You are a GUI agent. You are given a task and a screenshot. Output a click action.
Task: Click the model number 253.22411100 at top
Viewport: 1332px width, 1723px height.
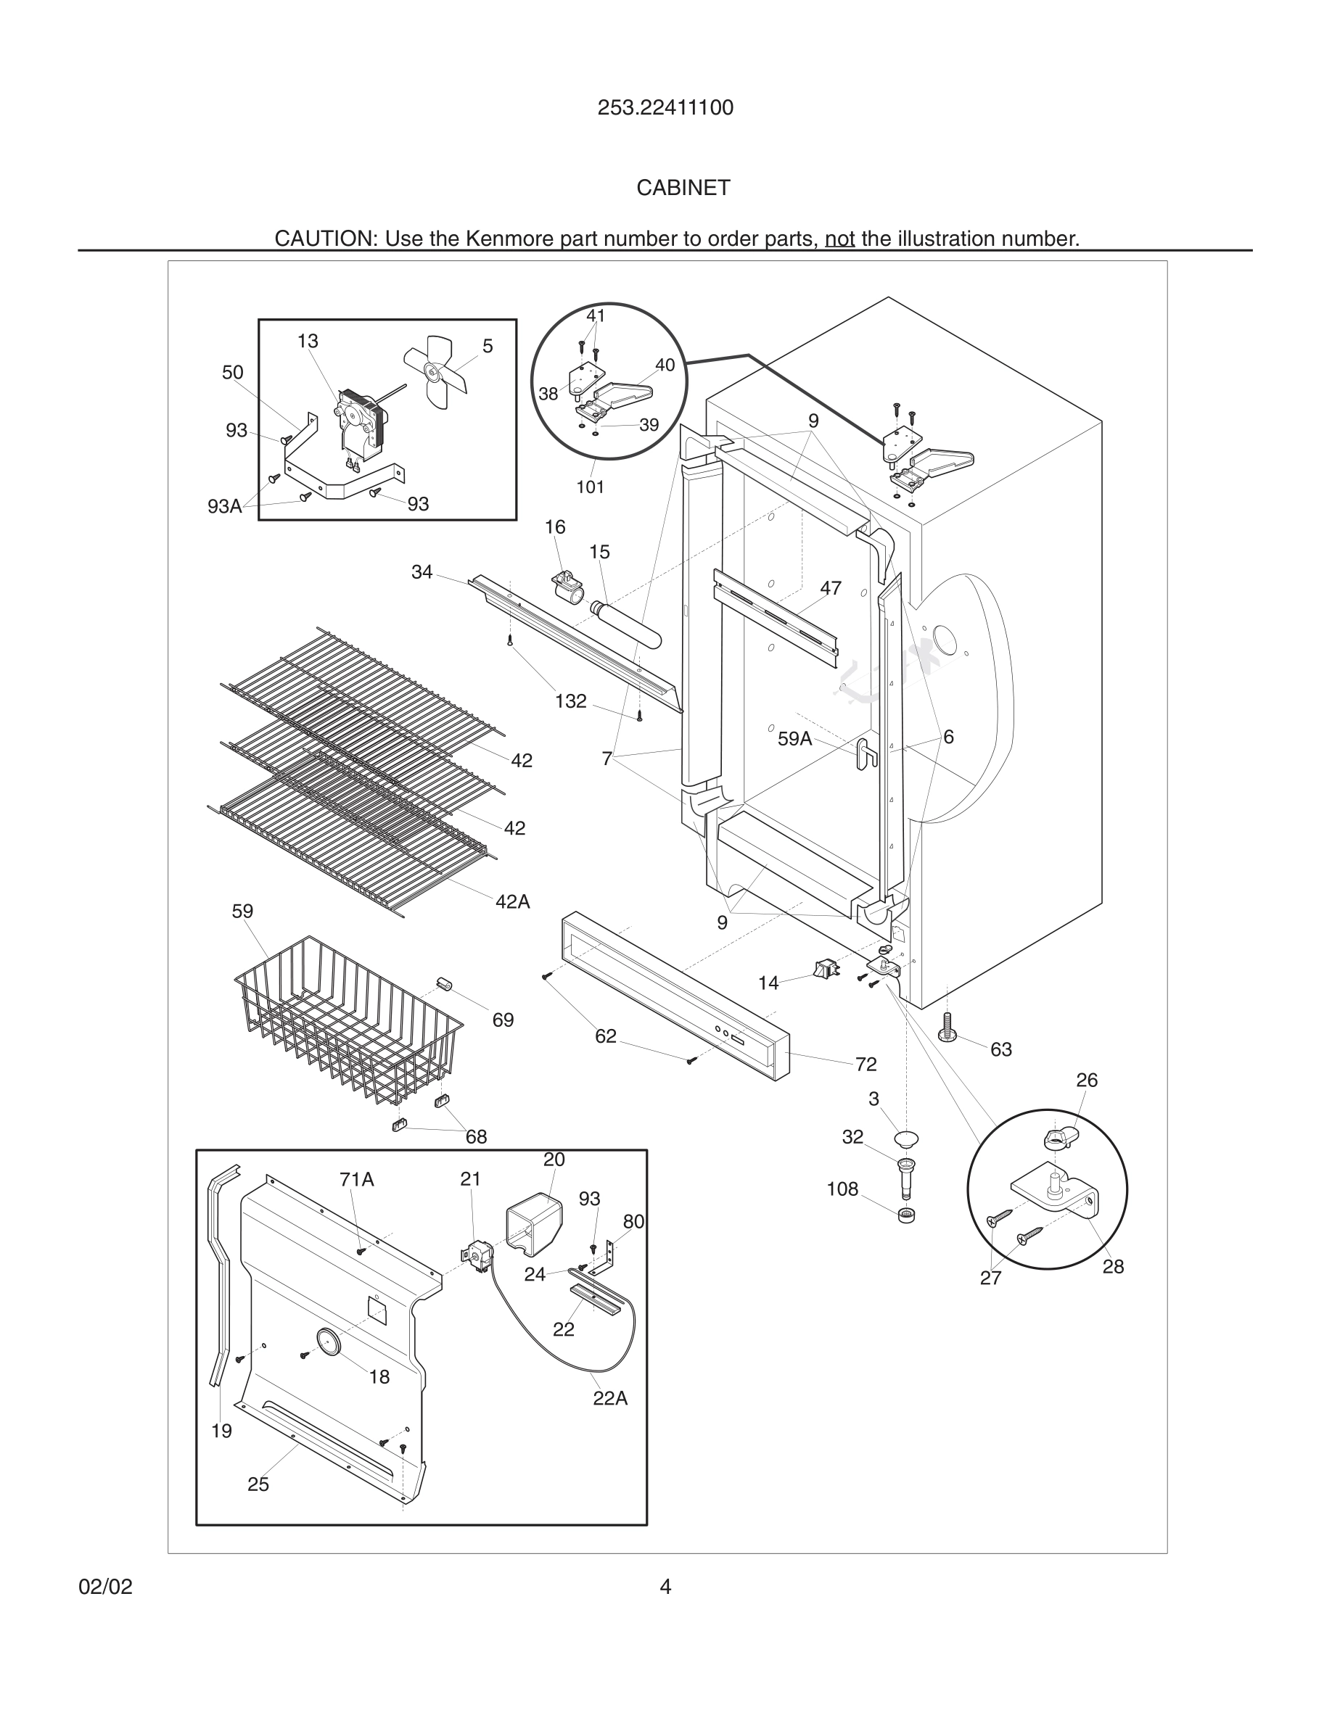point(665,108)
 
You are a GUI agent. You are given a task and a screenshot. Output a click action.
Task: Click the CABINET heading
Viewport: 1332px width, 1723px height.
point(683,188)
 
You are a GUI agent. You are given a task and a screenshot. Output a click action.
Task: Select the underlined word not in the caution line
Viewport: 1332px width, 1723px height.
point(839,239)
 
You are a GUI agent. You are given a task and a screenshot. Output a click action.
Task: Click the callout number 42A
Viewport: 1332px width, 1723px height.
point(512,901)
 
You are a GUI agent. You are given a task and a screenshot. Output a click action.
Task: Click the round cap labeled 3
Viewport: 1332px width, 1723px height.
point(906,1139)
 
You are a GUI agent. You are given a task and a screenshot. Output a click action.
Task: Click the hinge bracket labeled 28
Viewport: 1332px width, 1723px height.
point(1054,1191)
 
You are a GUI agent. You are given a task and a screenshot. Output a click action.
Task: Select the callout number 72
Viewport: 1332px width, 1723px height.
point(866,1065)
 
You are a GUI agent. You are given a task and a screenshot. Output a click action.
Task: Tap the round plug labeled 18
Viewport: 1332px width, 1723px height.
point(328,1340)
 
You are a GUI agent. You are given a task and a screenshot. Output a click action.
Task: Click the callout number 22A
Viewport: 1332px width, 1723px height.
point(610,1398)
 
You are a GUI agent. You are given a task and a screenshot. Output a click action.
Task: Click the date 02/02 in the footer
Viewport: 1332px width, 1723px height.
point(105,1587)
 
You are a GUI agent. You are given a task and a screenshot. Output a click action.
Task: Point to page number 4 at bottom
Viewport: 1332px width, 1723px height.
point(665,1587)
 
